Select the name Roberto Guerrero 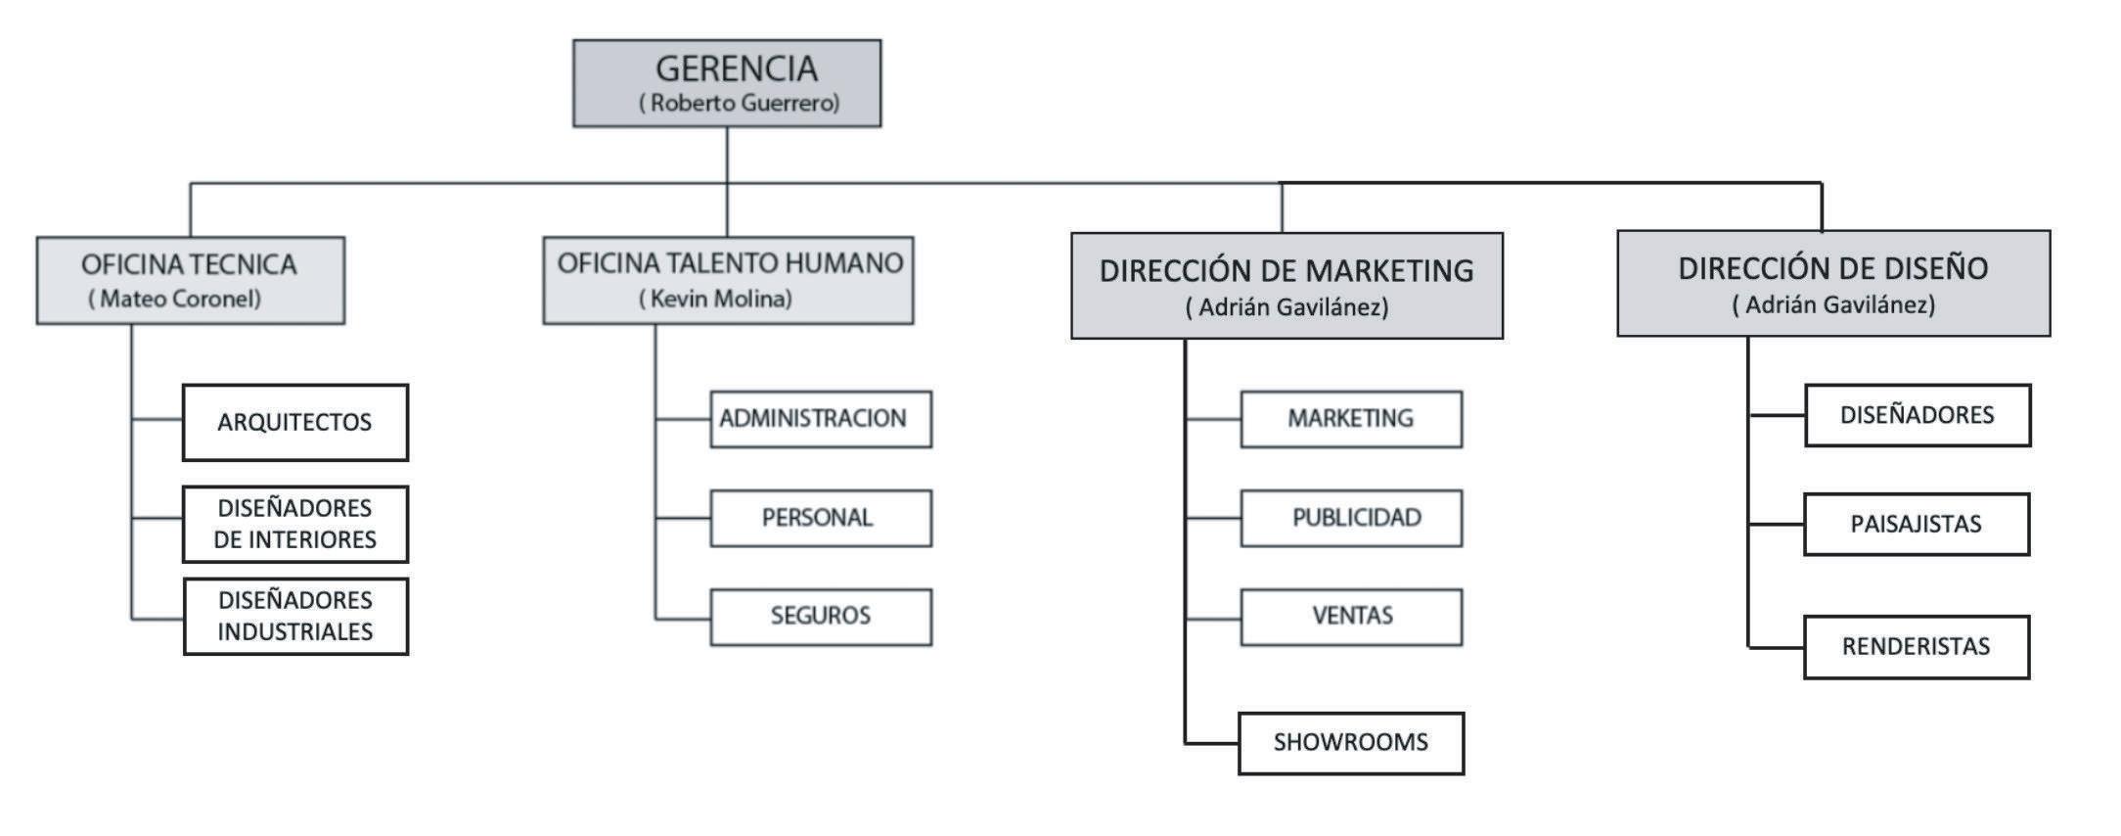740,103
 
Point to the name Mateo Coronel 175,299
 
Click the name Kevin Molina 715,299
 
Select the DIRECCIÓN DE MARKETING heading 1286,270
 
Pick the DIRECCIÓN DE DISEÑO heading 1832,268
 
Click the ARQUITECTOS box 294,422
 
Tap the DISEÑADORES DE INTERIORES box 294,524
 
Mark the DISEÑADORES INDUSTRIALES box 294,616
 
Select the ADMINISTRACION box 820,419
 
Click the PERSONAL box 820,518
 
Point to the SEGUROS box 820,617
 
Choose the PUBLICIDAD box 1351,518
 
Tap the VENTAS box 1351,617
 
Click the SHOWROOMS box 1350,743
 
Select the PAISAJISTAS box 1916,525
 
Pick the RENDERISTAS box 1916,647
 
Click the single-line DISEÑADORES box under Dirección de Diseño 1917,415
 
